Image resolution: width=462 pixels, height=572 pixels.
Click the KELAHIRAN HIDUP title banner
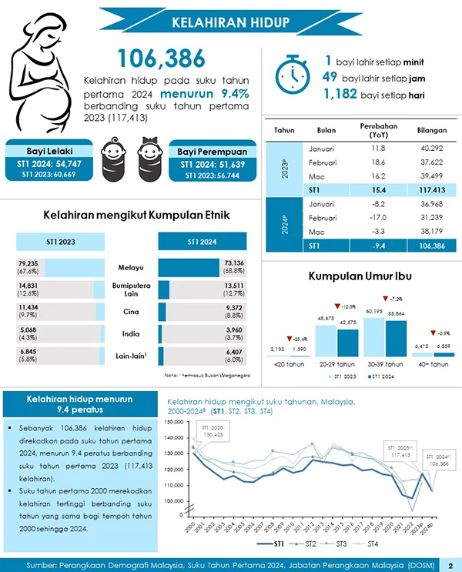tap(230, 21)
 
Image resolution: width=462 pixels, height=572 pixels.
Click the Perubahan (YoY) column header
tap(377, 129)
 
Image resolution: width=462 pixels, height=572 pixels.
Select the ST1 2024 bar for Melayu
tap(189, 268)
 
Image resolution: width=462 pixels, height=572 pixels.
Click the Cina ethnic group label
tap(131, 312)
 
